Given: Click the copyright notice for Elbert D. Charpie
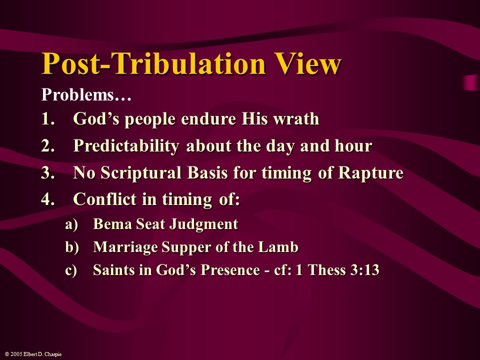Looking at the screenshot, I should click(33, 354).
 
